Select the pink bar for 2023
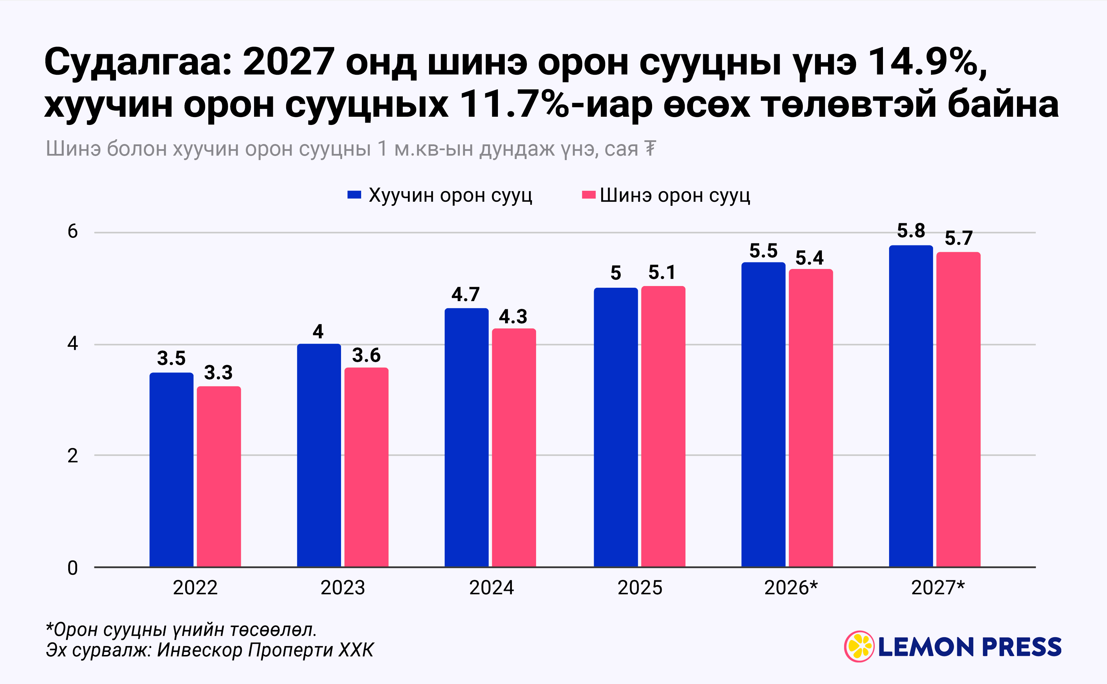click(366, 467)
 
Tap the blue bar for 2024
click(467, 438)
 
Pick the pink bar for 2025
click(663, 426)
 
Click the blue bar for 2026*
click(764, 414)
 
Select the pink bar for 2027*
click(958, 409)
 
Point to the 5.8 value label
click(911, 231)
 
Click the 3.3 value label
click(218, 373)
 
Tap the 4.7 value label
click(466, 295)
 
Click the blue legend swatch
click(354, 195)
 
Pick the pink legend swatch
click(589, 195)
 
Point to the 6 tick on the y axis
click(73, 232)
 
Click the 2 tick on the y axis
click(73, 456)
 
